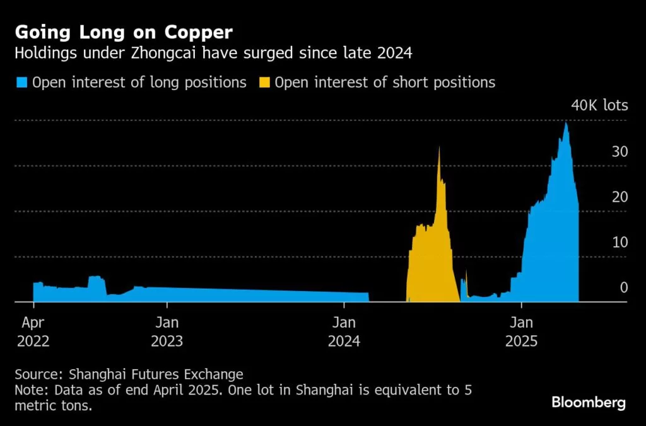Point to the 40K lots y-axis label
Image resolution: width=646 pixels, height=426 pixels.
point(599,105)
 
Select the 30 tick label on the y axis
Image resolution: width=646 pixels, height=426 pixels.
point(620,152)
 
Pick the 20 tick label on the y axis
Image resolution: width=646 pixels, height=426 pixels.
point(620,197)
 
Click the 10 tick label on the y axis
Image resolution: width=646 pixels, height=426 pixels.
point(620,243)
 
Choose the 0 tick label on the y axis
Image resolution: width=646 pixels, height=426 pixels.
point(624,288)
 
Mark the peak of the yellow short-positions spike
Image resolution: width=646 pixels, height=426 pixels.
point(439,147)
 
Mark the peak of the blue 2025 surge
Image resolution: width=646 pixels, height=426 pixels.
point(566,123)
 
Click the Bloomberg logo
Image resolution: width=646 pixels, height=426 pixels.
point(589,403)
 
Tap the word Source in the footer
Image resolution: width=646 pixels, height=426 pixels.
point(34,374)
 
